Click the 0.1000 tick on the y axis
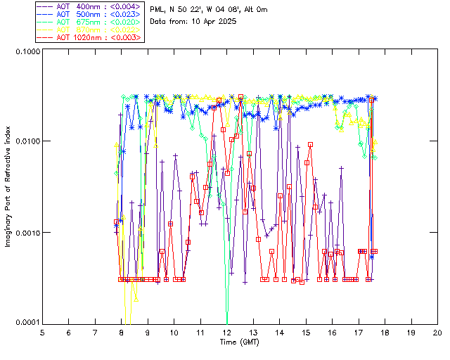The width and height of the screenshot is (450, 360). click(27, 51)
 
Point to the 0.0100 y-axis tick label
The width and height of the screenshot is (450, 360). click(27, 142)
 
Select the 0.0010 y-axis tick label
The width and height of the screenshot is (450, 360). click(27, 233)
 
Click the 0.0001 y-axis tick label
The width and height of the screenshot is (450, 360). click(27, 323)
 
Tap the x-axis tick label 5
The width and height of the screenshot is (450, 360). click(42, 332)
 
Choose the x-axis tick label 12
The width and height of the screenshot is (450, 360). click(226, 332)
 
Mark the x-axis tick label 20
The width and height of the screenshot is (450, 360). click(437, 332)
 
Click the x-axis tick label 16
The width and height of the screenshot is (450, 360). click(332, 332)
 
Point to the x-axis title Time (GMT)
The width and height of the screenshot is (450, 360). click(240, 342)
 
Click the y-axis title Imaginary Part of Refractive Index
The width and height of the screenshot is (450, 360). click(11, 187)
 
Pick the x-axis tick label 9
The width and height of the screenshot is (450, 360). click(148, 332)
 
